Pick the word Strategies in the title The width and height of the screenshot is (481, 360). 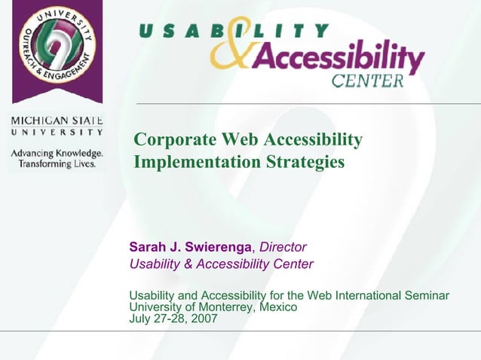[301, 162]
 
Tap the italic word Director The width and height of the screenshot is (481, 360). [283, 247]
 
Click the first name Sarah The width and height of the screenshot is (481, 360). [148, 247]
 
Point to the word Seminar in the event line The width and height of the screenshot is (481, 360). [426, 296]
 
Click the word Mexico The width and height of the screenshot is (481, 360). [277, 307]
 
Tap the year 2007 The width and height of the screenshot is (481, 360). [204, 319]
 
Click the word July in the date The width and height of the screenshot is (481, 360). [141, 319]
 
